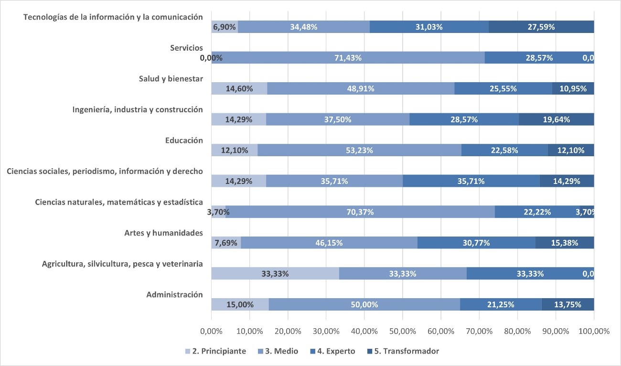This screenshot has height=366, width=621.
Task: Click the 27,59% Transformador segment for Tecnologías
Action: (x=541, y=27)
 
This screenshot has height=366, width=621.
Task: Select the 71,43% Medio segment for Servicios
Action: (x=348, y=58)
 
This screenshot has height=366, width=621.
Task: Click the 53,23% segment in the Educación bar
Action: (x=359, y=150)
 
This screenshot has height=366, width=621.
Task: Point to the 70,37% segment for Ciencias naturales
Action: (x=360, y=212)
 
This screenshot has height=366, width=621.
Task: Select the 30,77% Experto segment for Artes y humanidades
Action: (x=476, y=243)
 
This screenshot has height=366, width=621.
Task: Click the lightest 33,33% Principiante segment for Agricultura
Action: (x=275, y=274)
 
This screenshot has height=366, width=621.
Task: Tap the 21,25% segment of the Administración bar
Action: (x=500, y=304)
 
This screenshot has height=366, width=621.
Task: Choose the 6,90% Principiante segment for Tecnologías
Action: (x=225, y=27)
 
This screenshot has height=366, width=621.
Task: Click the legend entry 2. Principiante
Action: (x=215, y=351)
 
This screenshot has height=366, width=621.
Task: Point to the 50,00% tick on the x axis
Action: (x=402, y=331)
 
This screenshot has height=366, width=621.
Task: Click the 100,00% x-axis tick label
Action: (x=593, y=331)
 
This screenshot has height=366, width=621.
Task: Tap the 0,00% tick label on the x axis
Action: (x=211, y=331)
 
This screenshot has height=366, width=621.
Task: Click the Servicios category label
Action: (x=186, y=48)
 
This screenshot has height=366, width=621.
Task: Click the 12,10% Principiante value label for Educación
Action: (x=234, y=150)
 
